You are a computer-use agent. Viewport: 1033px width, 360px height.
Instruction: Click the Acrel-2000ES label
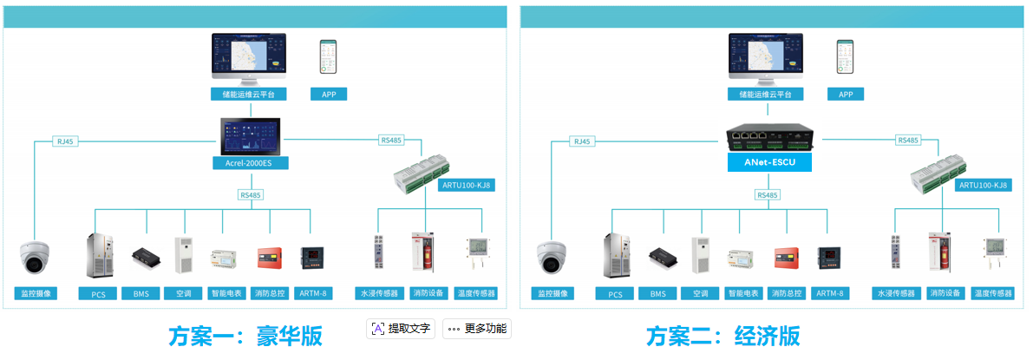250,163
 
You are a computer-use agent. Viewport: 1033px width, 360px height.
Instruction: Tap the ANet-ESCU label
768,162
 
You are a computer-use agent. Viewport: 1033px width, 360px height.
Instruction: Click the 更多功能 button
476,329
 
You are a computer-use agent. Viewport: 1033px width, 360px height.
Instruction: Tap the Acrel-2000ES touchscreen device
250,135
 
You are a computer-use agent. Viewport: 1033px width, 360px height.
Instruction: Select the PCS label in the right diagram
615,294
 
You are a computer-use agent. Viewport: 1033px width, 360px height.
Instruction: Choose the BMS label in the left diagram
141,294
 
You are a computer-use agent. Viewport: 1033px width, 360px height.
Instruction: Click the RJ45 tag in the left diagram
65,141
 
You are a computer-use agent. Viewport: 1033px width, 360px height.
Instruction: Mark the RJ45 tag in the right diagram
581,141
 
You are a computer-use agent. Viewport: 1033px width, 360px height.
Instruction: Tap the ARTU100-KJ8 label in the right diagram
983,186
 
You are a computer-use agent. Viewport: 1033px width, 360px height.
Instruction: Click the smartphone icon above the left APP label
329,58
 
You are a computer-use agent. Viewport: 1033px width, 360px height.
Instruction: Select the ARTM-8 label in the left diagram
313,293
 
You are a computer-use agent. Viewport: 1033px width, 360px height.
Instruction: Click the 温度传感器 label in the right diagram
992,293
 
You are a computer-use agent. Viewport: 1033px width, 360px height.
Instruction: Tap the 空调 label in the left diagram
183,293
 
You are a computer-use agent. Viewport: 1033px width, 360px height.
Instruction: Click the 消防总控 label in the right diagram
787,293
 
